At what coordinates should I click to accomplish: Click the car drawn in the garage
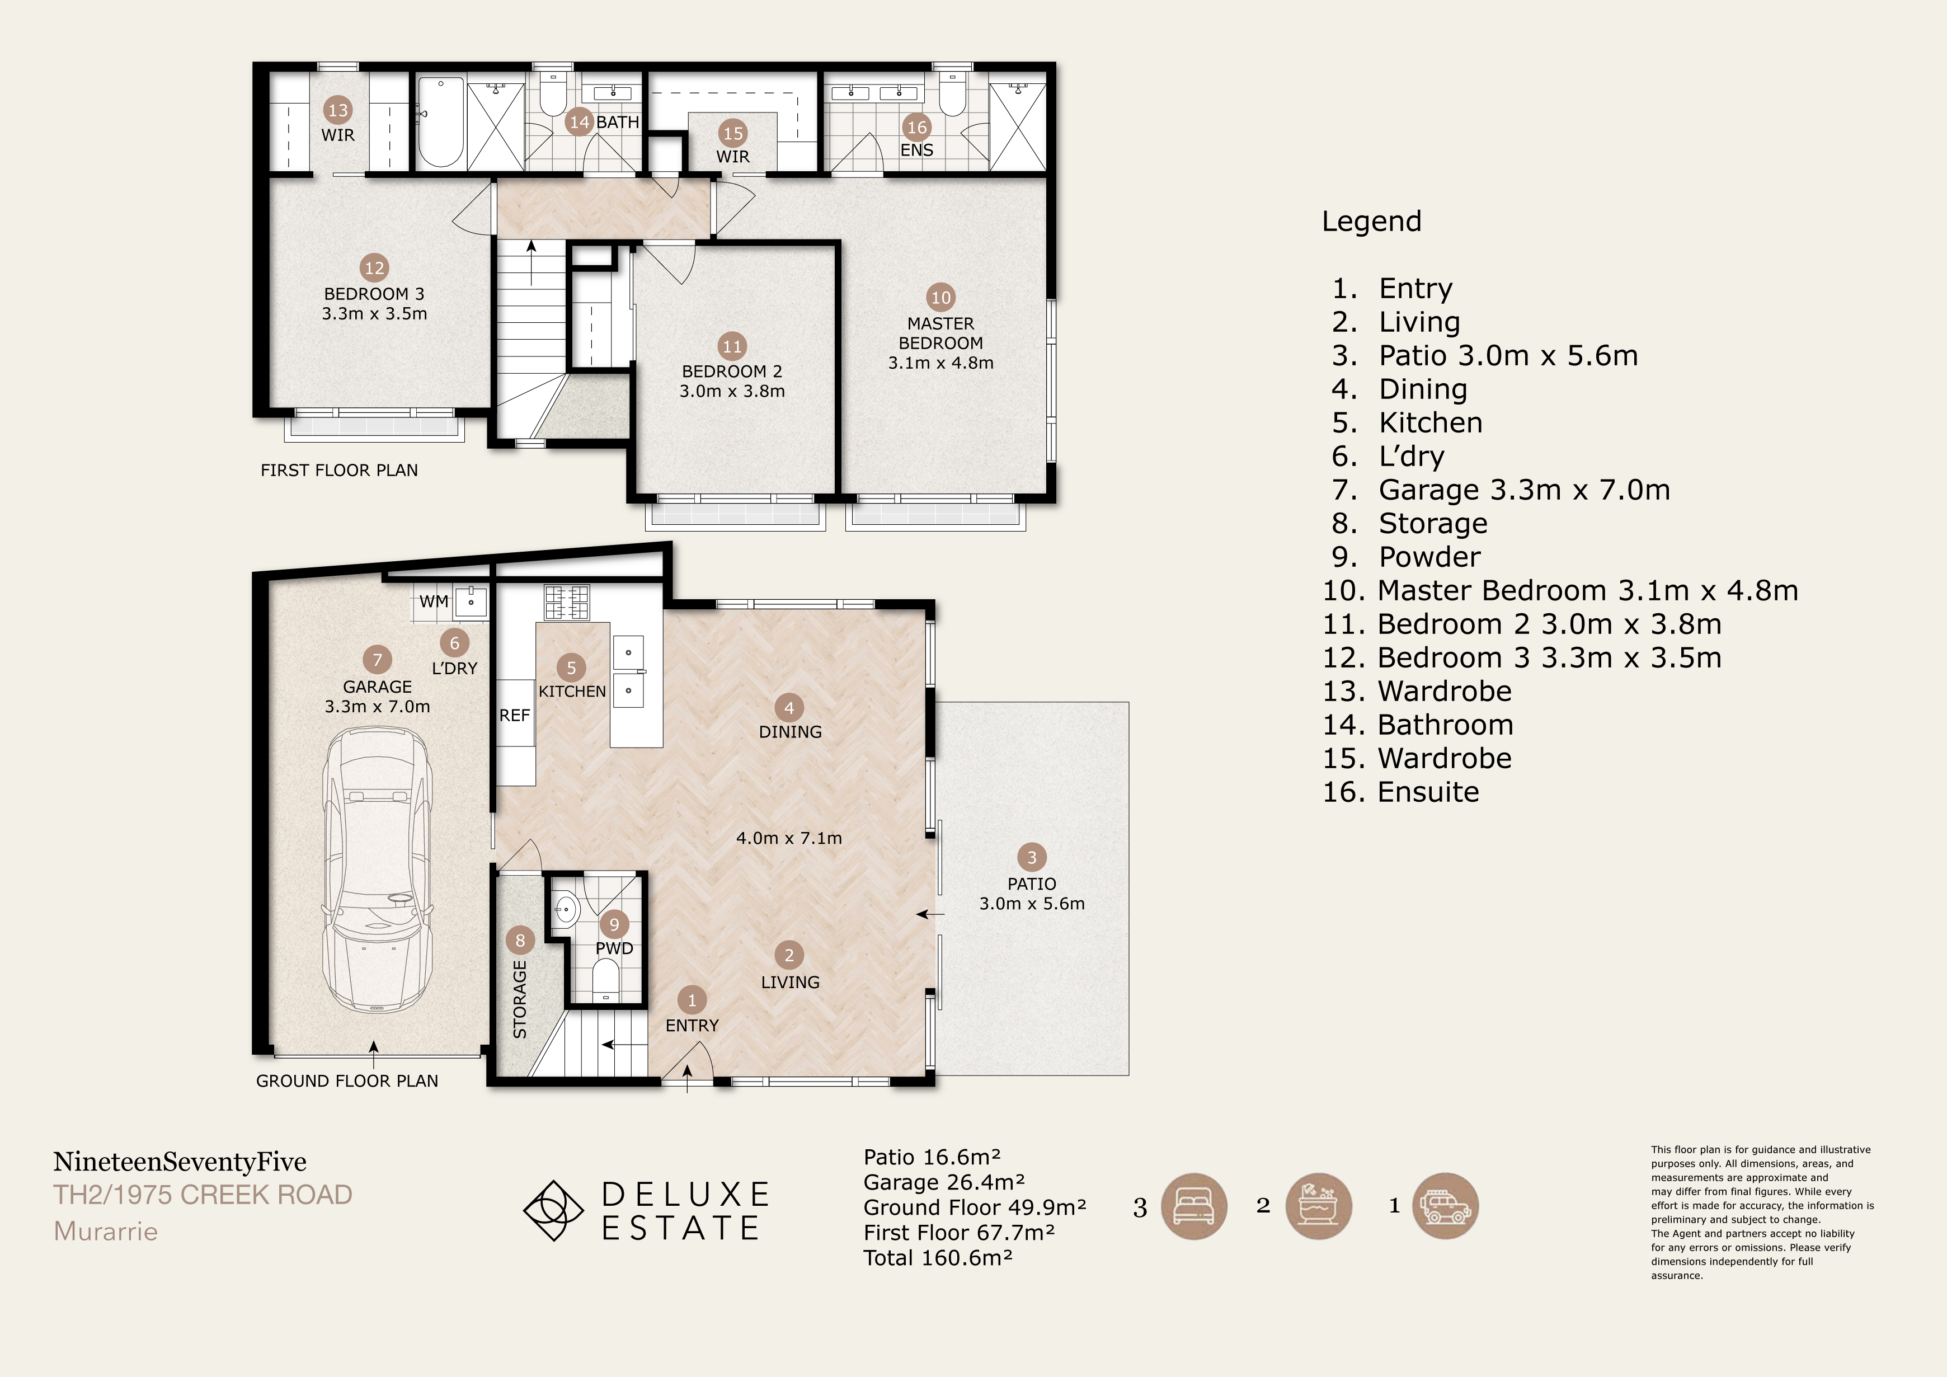pyautogui.click(x=377, y=870)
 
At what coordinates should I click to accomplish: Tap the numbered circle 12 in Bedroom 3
pyautogui.click(x=374, y=268)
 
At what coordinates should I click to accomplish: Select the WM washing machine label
pyautogui.click(x=434, y=601)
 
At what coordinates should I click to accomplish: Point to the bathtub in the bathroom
pyautogui.click(x=440, y=123)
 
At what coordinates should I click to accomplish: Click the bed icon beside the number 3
pyautogui.click(x=1193, y=1206)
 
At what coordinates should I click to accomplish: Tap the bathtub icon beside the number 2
pyautogui.click(x=1319, y=1206)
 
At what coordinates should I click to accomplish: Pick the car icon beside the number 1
pyautogui.click(x=1445, y=1206)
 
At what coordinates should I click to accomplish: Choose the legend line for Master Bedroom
pyautogui.click(x=1560, y=590)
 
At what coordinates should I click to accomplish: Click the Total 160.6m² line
pyautogui.click(x=938, y=1257)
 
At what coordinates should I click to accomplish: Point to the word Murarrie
pyautogui.click(x=106, y=1231)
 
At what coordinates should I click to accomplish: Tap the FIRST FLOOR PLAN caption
pyautogui.click(x=339, y=471)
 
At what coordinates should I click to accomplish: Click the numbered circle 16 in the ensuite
pyautogui.click(x=916, y=127)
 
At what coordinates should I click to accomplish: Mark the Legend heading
pyautogui.click(x=1371, y=222)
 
